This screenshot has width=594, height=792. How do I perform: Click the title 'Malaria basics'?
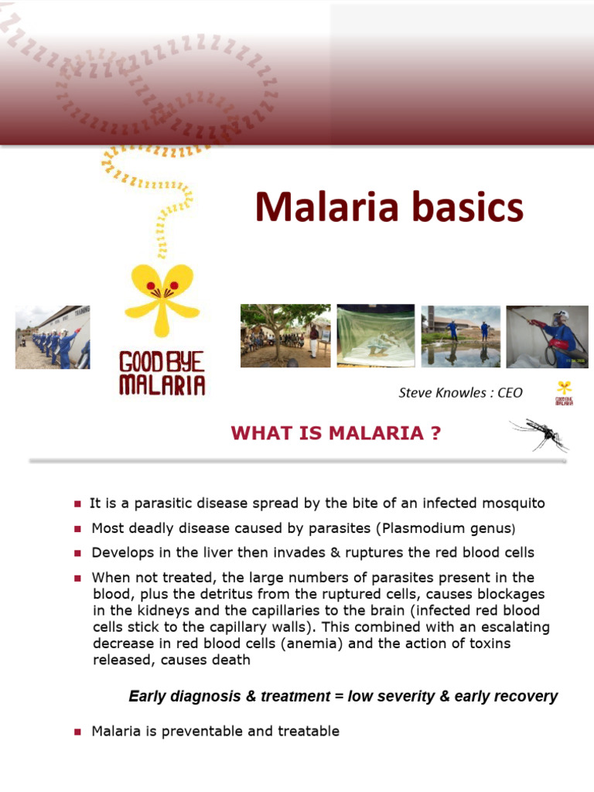coord(389,208)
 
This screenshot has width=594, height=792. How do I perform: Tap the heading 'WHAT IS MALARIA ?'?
coord(336,434)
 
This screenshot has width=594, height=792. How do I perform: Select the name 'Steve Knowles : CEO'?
coord(460,393)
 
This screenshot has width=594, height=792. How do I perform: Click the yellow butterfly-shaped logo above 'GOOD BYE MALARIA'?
coord(162,294)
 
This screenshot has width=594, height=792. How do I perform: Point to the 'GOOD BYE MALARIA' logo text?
coord(162,374)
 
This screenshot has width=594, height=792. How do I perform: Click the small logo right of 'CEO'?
coord(564,393)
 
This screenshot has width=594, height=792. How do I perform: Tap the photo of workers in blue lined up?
coord(53,337)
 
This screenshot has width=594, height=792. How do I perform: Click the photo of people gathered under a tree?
coord(285,336)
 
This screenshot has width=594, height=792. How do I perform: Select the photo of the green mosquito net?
coord(376,336)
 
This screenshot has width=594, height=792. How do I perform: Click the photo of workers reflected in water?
coord(460,336)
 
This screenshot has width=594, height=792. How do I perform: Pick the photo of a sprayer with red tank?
coord(547,336)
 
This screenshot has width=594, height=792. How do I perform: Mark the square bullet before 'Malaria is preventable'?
coord(77,732)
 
